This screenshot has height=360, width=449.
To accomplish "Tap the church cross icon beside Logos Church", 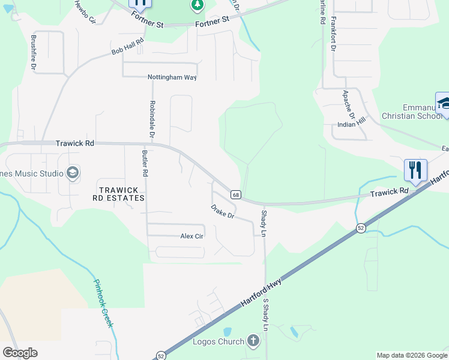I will pos(253,341).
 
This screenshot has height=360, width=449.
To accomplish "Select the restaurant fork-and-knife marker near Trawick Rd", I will pos(415,170).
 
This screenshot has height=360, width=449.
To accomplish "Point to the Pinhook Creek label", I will pos(103,303).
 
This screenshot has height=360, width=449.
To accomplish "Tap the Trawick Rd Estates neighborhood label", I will pos(119,193).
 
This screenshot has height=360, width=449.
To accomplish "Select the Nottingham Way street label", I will pos(172,77).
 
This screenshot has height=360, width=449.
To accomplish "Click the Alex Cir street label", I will pos(193,236).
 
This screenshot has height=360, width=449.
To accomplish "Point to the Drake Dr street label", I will pos(221,211).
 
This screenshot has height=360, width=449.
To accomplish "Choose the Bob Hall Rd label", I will pos(128,47).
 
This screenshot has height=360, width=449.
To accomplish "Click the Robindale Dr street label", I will pos(152,119).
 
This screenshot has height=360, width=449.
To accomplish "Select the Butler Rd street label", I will pos(145,163).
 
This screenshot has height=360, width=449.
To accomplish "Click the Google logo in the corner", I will pos(19,353).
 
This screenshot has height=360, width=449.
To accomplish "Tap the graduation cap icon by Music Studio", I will pos(73,173).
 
